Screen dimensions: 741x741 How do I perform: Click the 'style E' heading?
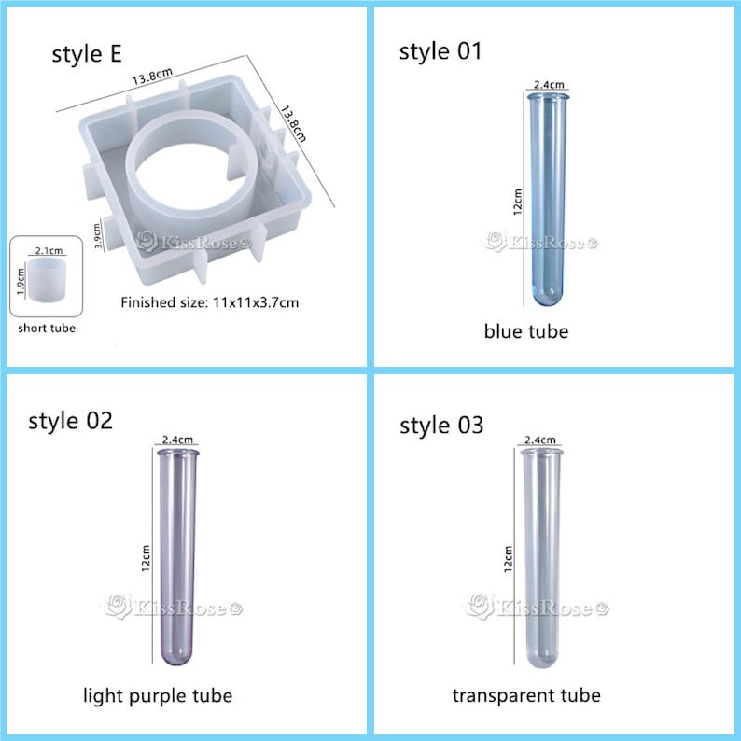[87, 54]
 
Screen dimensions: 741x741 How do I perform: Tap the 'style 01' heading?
[440, 51]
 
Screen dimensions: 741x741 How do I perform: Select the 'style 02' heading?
[70, 421]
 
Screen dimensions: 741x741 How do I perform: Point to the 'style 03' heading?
[441, 425]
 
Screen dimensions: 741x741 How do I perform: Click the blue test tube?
[548, 199]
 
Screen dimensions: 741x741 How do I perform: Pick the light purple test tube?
[177, 557]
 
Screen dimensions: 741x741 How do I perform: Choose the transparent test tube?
[541, 558]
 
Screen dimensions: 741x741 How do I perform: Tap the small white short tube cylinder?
[48, 279]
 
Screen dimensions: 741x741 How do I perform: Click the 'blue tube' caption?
[526, 331]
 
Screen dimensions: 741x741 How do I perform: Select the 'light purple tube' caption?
[158, 696]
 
